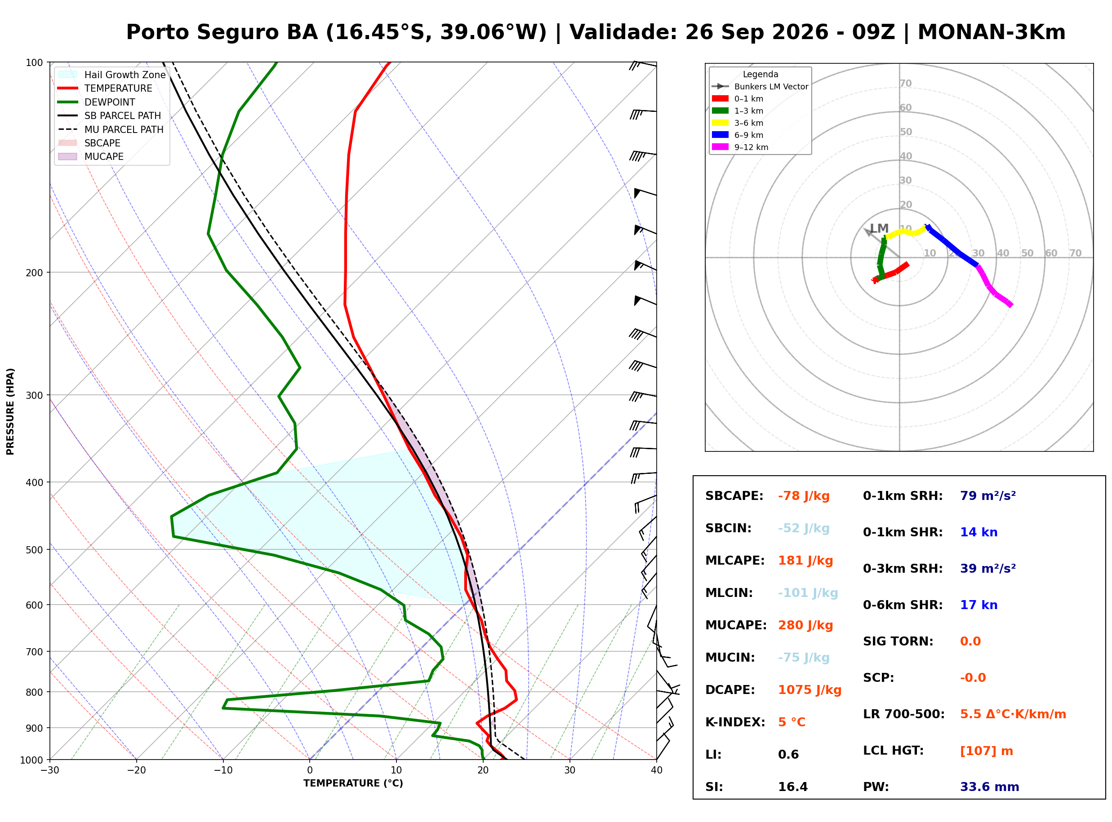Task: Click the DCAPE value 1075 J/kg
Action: click(810, 690)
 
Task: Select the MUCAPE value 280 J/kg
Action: click(805, 625)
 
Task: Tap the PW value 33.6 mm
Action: click(990, 787)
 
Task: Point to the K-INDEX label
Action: click(735, 722)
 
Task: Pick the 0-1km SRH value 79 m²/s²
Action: click(988, 496)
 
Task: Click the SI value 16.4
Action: click(793, 787)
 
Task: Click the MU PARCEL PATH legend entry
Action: click(111, 129)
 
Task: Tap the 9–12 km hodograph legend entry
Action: click(740, 147)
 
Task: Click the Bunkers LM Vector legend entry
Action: click(760, 87)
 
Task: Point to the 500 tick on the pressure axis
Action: click(34, 550)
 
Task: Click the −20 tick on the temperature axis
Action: click(136, 770)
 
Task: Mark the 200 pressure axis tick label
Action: click(34, 273)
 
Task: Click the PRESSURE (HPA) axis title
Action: click(10, 411)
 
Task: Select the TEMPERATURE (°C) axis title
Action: click(353, 784)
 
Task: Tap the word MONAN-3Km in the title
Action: click(992, 32)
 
